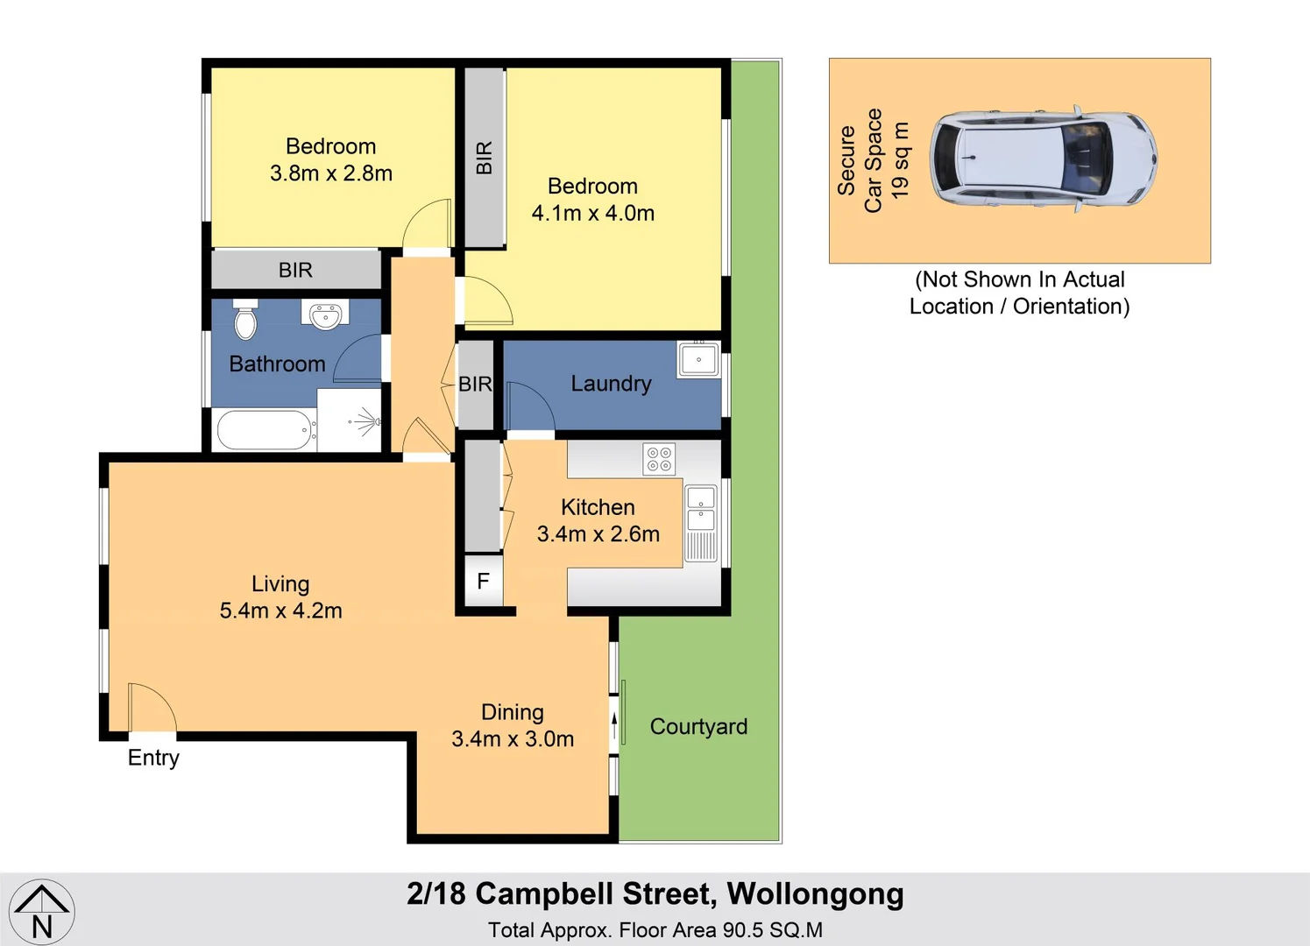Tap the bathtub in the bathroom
point(266,430)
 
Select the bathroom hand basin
point(325,314)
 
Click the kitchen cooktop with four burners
point(659,459)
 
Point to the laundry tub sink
point(698,359)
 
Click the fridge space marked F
point(483,581)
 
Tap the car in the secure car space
point(1043,160)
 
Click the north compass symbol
point(41,912)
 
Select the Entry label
point(153,758)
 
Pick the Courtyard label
point(698,727)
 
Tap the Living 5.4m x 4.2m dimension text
point(280,597)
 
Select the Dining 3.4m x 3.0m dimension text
point(513,726)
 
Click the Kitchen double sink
point(701,509)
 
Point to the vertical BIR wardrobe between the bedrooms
point(484,158)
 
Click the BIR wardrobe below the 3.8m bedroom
point(295,270)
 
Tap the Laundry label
point(611,384)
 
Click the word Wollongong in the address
point(815,894)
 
